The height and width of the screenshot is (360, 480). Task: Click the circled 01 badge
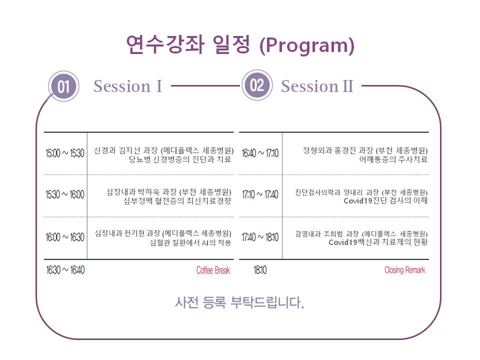click(x=63, y=87)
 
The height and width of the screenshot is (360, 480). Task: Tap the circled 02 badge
click(x=256, y=85)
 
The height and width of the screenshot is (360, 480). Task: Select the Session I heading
click(x=127, y=86)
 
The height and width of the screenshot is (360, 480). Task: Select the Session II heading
click(x=317, y=86)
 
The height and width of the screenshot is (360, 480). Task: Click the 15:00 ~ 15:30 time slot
click(x=65, y=153)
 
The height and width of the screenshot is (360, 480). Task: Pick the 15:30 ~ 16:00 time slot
click(x=65, y=195)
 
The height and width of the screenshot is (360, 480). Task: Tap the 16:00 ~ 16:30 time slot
click(x=65, y=237)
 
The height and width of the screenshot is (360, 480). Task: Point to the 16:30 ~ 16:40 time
click(x=65, y=270)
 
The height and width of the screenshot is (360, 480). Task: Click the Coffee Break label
click(x=213, y=270)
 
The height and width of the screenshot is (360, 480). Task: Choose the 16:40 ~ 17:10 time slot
click(x=260, y=153)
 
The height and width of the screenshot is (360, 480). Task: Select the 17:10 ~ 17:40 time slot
click(x=260, y=195)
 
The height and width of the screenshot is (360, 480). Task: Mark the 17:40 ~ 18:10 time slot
click(x=260, y=237)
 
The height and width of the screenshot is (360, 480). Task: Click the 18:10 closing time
click(x=260, y=270)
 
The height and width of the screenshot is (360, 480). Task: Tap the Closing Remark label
click(x=404, y=270)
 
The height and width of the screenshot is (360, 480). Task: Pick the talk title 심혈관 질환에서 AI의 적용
click(x=190, y=243)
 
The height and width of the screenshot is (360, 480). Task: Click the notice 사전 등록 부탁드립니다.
click(x=239, y=302)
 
